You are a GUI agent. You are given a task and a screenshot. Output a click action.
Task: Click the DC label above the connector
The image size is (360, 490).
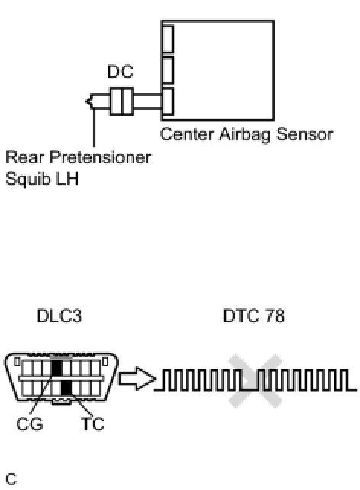121,72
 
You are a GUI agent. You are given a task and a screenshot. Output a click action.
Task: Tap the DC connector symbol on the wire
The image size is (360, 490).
122,102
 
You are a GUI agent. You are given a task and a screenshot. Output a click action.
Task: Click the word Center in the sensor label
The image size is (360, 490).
187,134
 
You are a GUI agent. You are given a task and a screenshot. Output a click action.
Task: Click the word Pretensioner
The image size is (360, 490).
100,157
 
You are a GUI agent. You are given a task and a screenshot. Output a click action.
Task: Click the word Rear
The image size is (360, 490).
24,157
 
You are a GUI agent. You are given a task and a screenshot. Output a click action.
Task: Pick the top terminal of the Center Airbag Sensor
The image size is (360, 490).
168,39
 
